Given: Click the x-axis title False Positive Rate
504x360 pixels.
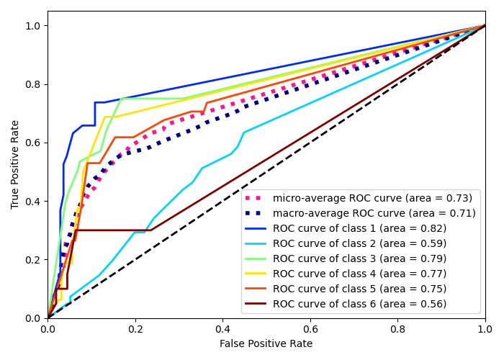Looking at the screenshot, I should pos(266,344).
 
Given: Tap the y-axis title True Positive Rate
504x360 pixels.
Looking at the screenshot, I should pos(15,164).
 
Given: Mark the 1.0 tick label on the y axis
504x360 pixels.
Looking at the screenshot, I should pos(34,26).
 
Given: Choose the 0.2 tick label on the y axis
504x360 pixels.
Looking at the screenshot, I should pos(34,259).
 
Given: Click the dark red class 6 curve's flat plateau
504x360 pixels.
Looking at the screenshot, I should pos(115,230).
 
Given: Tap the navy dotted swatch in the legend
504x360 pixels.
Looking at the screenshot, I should pos(256,213).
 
